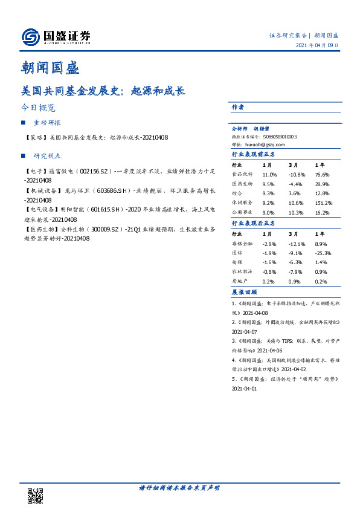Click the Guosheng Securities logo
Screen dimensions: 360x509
(56, 37)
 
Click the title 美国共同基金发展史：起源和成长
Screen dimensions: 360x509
(103, 91)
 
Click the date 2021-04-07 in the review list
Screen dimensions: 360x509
(245, 332)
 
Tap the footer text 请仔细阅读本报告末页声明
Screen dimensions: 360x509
(179, 487)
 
